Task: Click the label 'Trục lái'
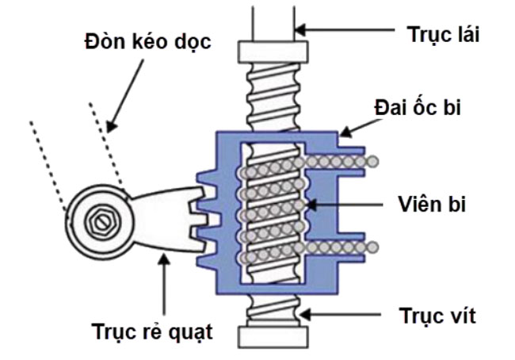(444, 35)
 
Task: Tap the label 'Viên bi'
(432, 204)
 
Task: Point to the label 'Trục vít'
(438, 316)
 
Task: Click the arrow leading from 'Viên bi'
(349, 205)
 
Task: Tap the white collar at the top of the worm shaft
(273, 52)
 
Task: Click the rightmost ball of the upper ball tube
(372, 162)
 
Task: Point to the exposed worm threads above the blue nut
(273, 91)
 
